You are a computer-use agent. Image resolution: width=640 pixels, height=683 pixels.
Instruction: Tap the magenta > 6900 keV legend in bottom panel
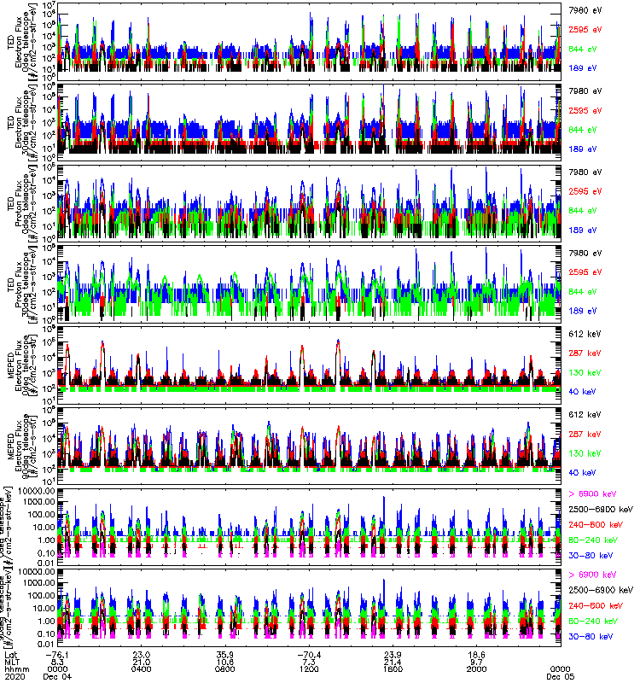[x=591, y=575]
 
